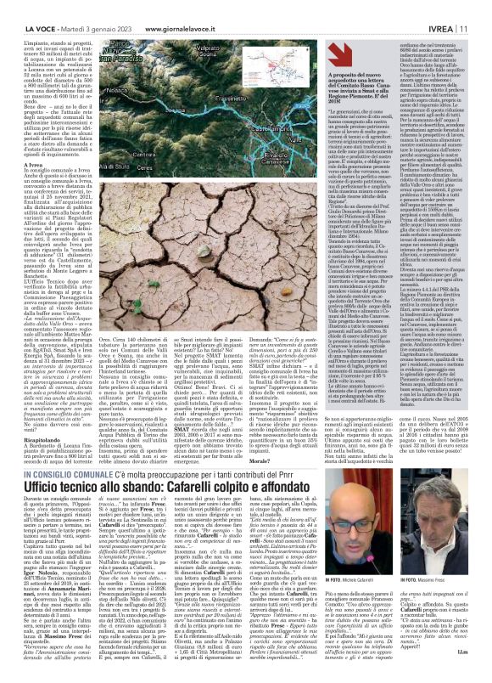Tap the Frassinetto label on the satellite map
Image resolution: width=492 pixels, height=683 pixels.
coord(255,99)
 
